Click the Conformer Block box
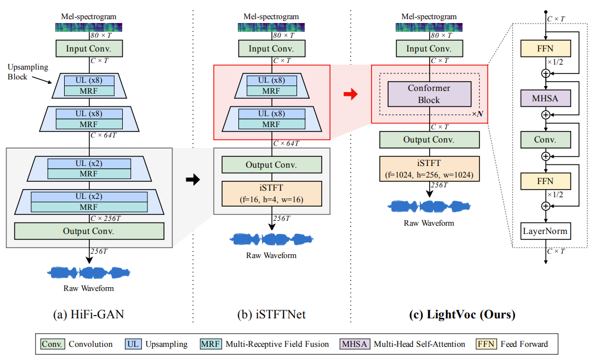429,94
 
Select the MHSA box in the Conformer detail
545,98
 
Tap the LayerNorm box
545,231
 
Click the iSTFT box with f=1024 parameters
429,169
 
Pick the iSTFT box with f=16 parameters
271,193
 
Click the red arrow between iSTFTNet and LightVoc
351,94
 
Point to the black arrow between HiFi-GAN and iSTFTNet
193,180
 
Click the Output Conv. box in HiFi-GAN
89,231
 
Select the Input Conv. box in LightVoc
429,48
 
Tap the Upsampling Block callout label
28,72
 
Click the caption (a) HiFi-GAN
88,314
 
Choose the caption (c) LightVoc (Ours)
462,314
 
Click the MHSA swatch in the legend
355,344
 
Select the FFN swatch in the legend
486,344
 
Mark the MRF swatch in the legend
210,344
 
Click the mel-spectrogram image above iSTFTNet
271,27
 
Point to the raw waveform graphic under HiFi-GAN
88,273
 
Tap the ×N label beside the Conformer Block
478,114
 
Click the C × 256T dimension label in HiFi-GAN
106,218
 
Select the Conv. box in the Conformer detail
545,140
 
